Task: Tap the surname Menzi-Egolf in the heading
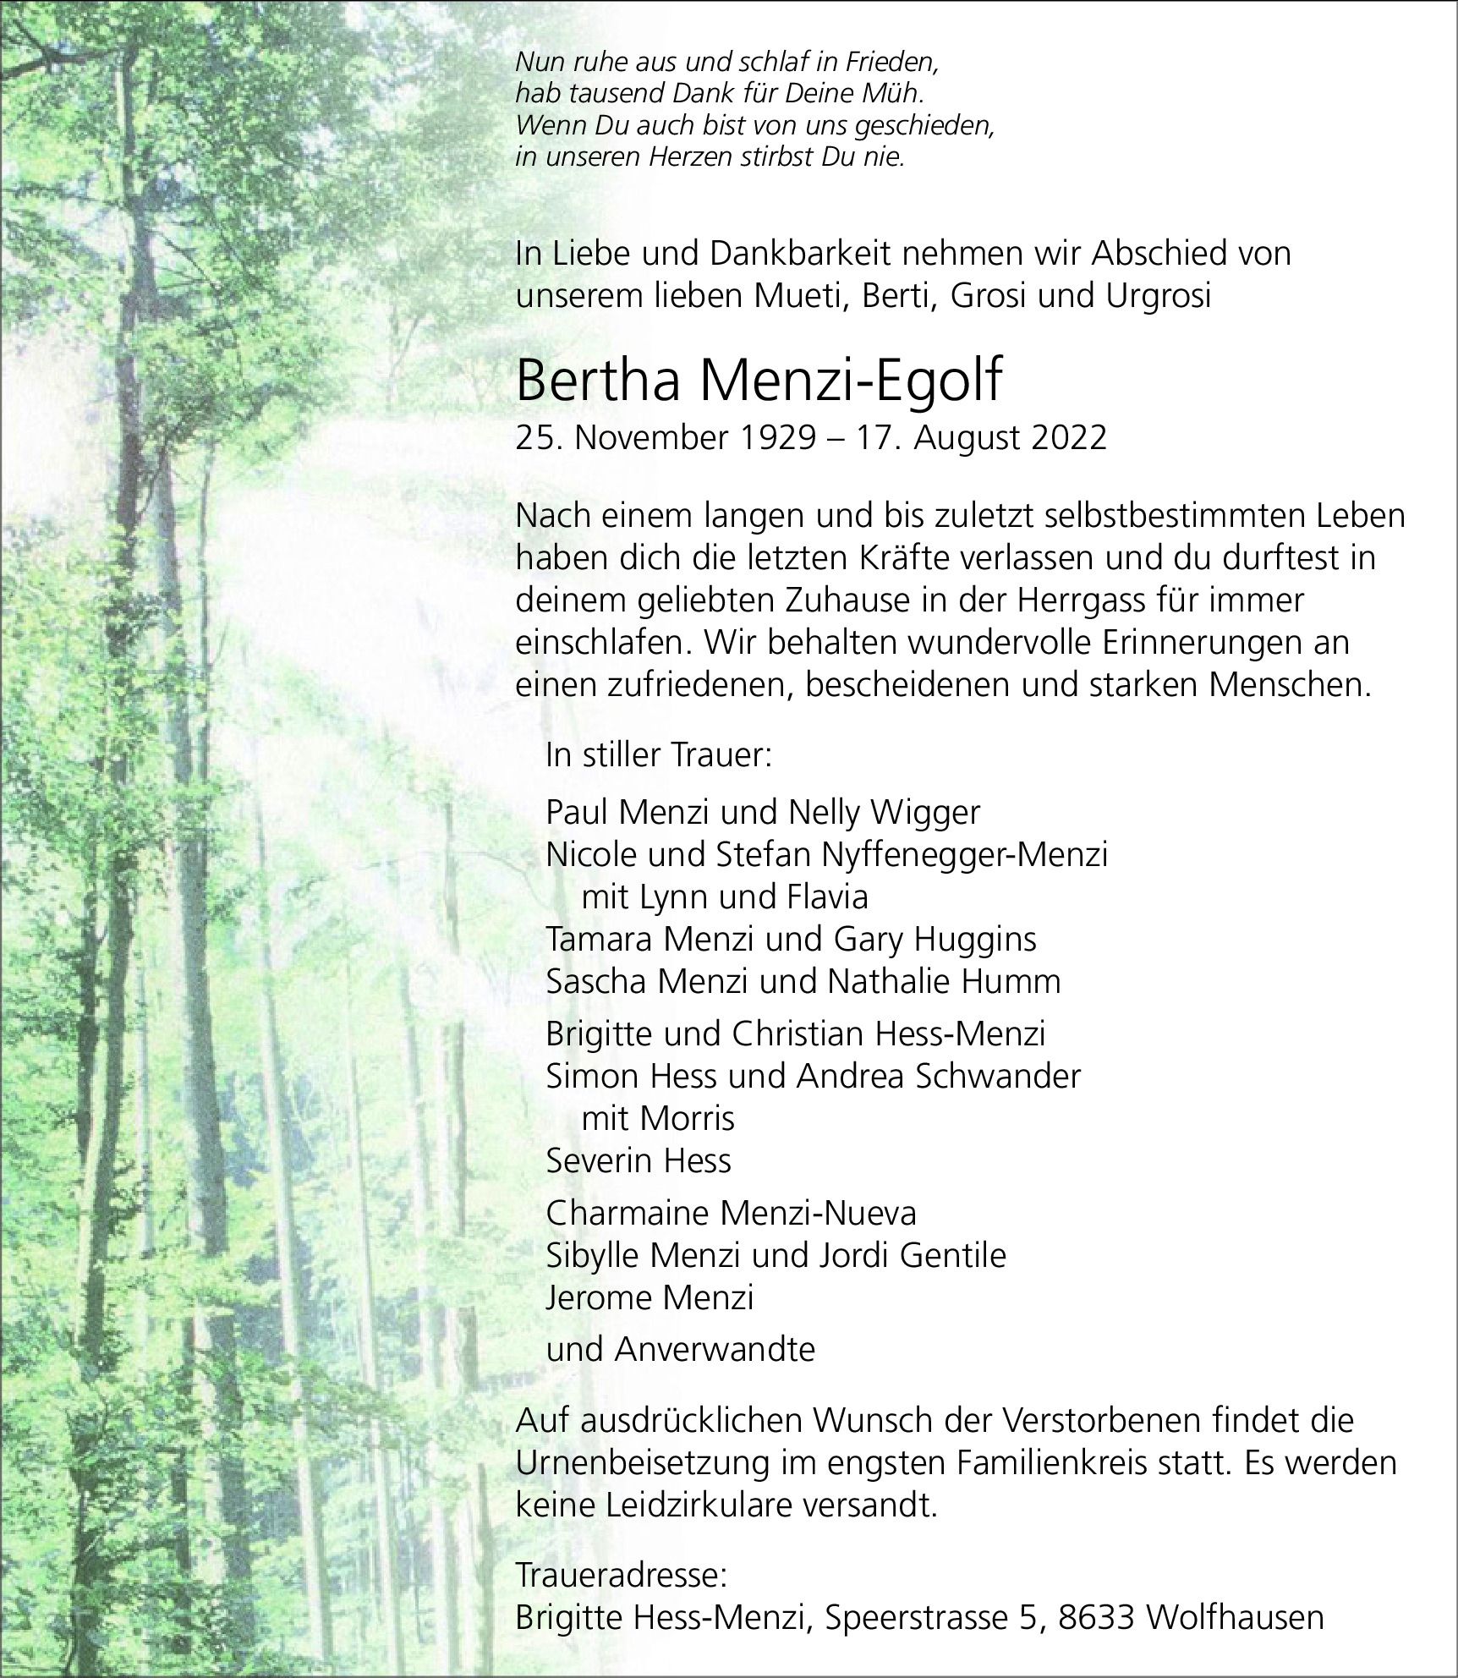coord(849,381)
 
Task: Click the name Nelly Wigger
coord(884,813)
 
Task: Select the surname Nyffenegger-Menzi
coord(964,855)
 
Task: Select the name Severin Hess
coord(639,1161)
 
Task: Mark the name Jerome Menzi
coord(650,1298)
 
